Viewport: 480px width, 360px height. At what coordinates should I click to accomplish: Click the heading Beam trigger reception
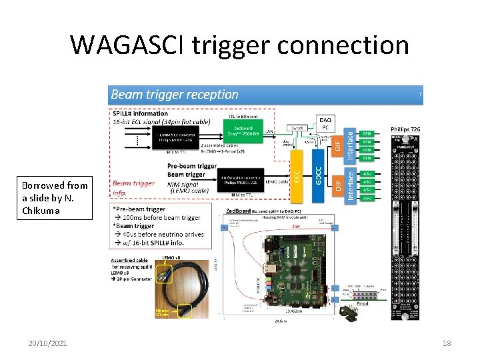pyautogui.click(x=175, y=95)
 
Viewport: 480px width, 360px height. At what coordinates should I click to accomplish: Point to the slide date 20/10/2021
pyautogui.click(x=47, y=343)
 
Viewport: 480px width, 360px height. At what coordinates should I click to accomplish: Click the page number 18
pyautogui.click(x=447, y=343)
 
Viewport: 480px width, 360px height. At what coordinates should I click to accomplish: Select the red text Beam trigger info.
pyautogui.click(x=133, y=187)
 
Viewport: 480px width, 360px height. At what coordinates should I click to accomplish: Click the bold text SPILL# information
pyautogui.click(x=140, y=113)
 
